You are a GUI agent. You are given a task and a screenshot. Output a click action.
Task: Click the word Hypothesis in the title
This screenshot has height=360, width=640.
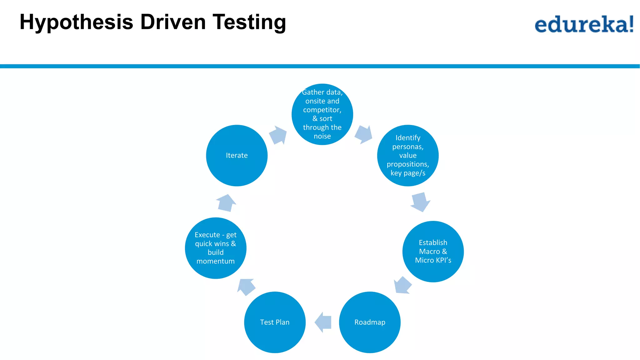coord(76,22)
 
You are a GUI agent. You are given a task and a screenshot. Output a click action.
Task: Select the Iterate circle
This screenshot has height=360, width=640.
coord(237,155)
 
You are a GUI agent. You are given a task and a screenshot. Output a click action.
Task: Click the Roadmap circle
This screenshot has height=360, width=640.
coord(370,322)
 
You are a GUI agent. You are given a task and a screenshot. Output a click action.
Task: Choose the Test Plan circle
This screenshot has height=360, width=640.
coord(275,322)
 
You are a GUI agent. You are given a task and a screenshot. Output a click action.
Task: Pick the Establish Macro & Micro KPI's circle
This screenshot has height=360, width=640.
coord(433,252)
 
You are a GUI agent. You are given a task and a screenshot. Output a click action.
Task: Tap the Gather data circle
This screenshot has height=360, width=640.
coord(322,114)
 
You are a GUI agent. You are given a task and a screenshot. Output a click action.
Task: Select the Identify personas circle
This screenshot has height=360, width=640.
coord(408,155)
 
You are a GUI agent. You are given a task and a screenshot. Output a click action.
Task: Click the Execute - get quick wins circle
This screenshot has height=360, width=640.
coord(216,248)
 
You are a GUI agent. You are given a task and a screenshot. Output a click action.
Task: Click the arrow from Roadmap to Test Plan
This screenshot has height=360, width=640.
coord(323,322)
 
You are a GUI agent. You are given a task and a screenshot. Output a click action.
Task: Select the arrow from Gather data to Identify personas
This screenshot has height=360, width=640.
coord(363,135)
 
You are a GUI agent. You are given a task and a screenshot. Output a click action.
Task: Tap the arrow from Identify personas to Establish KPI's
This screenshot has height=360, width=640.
coord(420,202)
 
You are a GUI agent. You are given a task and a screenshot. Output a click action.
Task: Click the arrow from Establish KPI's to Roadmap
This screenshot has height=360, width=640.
coord(402,285)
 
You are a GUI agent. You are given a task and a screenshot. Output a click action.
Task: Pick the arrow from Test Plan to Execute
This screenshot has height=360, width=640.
coord(247,287)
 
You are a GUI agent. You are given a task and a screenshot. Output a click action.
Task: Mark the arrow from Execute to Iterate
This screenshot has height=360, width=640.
coord(226,203)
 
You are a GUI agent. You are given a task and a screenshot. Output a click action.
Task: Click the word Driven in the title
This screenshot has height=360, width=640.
coord(173,22)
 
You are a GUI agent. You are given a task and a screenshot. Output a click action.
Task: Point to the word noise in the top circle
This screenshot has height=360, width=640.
coord(322,136)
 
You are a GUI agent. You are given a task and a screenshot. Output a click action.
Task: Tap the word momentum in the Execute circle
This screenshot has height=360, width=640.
coord(216,261)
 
